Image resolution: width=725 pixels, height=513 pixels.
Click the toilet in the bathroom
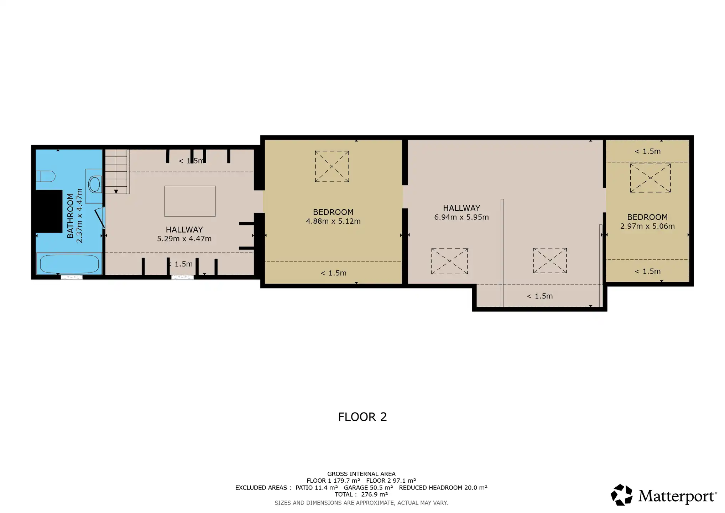click(x=46, y=176)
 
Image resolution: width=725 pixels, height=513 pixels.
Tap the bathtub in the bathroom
click(x=69, y=264)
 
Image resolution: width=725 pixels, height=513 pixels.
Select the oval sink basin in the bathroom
click(x=95, y=185)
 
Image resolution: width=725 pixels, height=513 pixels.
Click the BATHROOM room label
click(x=70, y=216)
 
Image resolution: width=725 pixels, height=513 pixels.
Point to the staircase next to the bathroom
click(x=116, y=172)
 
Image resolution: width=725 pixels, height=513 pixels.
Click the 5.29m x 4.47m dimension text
click(x=184, y=239)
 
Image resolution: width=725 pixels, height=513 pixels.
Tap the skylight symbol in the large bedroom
click(x=332, y=166)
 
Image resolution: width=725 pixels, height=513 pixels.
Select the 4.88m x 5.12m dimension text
click(x=333, y=221)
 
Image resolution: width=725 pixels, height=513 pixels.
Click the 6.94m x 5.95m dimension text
click(x=461, y=217)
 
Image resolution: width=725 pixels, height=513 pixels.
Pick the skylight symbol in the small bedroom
click(x=650, y=178)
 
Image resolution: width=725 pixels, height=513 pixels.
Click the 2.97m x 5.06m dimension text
click(x=647, y=226)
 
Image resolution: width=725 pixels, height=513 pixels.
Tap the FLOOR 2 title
click(x=362, y=417)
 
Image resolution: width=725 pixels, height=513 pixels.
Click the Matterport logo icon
click(x=622, y=495)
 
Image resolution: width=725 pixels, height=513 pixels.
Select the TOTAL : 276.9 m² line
click(x=361, y=494)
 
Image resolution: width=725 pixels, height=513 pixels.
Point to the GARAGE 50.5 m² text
click(x=368, y=488)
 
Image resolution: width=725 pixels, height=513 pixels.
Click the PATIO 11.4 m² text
click(x=317, y=488)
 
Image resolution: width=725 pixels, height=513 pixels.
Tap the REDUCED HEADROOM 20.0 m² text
click(x=443, y=488)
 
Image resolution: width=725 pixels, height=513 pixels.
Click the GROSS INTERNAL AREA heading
click(x=361, y=474)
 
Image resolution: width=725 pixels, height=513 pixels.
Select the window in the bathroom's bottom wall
click(x=72, y=277)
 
